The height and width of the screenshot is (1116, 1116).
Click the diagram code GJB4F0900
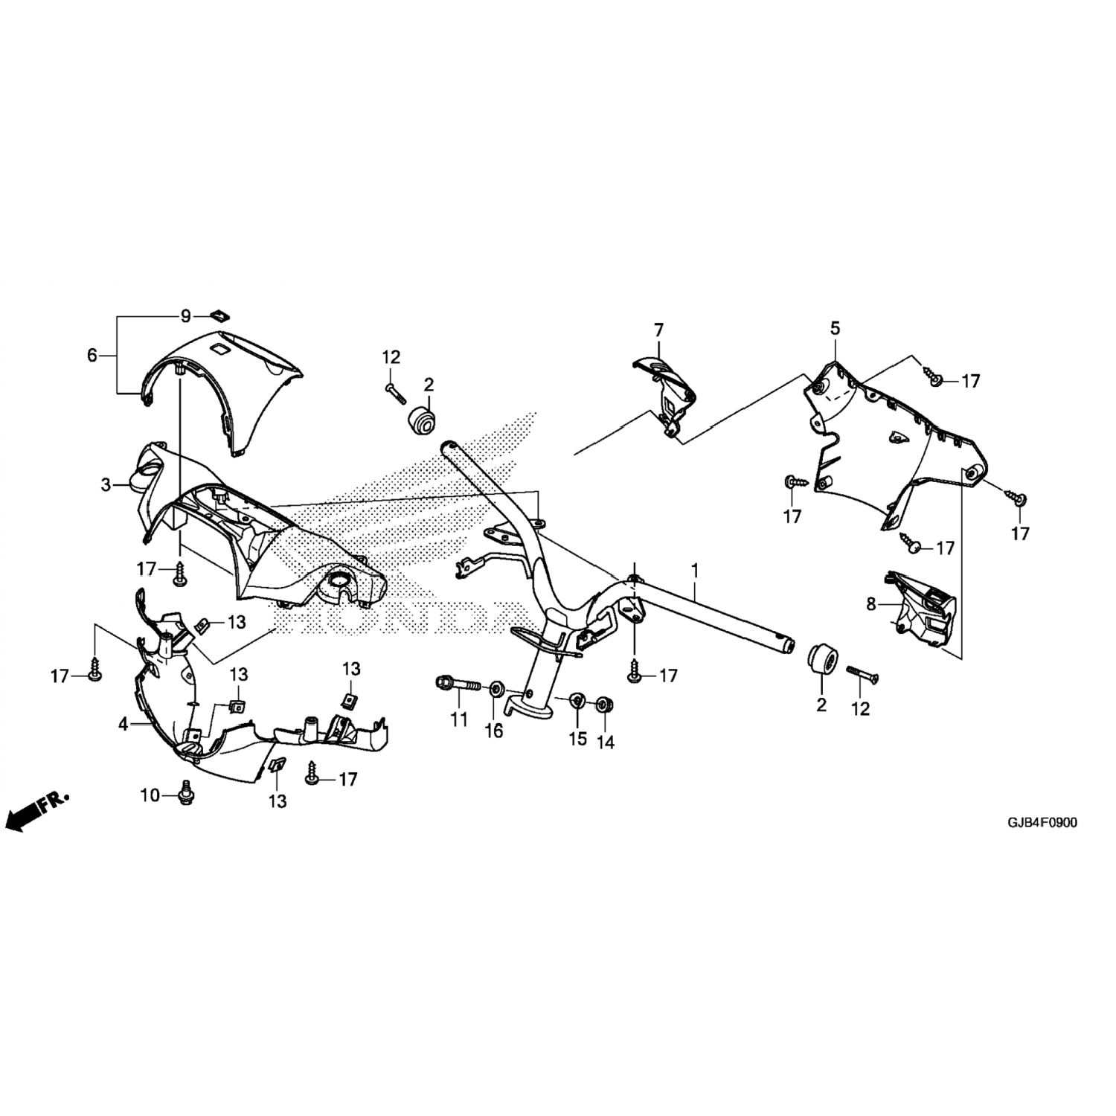click(x=1042, y=823)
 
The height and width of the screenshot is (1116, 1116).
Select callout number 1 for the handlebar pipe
click(x=694, y=571)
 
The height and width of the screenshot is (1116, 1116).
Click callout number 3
click(x=106, y=486)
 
